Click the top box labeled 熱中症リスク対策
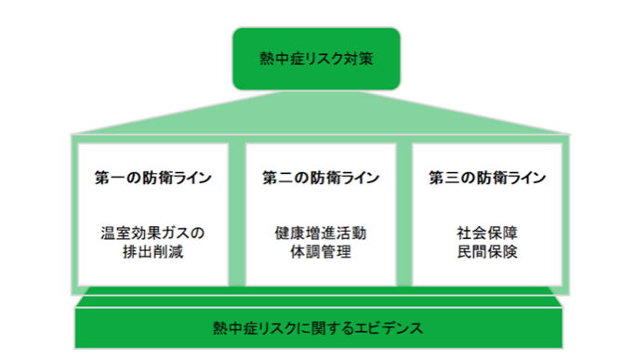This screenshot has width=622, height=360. (x=316, y=59)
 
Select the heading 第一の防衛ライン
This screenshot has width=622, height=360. (x=152, y=177)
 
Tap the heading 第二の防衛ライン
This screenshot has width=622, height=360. (x=319, y=177)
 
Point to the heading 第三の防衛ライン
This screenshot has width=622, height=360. (x=487, y=177)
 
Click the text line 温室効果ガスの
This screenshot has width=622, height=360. (x=152, y=233)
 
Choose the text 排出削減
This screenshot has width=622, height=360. (x=152, y=251)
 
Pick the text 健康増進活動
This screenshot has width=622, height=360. (x=319, y=233)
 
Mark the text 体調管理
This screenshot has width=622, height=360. (x=319, y=251)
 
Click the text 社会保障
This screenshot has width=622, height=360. (x=487, y=233)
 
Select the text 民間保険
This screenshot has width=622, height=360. (x=487, y=251)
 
